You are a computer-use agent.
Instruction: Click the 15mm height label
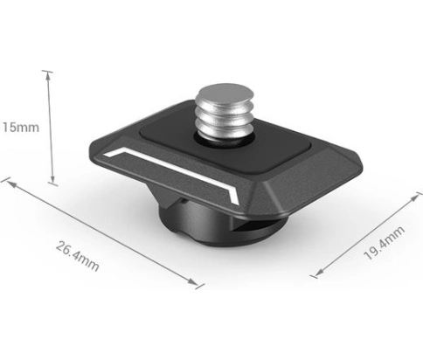(20, 128)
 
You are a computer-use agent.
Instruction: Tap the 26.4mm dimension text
(77, 256)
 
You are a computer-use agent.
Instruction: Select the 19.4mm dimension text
(384, 243)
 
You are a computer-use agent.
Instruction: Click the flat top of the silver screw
(225, 93)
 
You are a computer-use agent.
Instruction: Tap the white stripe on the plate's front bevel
(171, 171)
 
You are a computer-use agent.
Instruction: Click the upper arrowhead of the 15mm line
(48, 76)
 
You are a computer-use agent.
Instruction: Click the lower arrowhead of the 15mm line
(52, 179)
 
